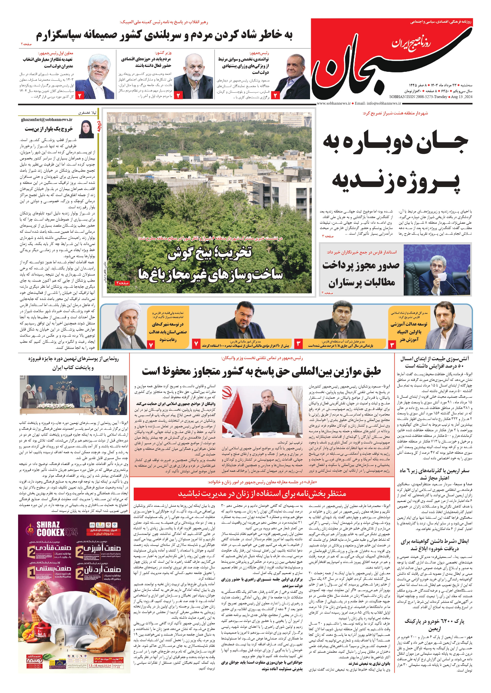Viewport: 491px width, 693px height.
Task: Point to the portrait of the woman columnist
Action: (x=86, y=129)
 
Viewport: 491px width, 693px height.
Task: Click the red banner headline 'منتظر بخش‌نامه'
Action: (x=262, y=494)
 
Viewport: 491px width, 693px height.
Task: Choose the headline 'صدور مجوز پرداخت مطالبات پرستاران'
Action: (x=361, y=274)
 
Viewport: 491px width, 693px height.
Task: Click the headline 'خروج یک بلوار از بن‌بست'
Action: (x=49, y=129)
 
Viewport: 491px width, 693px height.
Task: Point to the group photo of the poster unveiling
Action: (x=73, y=395)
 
